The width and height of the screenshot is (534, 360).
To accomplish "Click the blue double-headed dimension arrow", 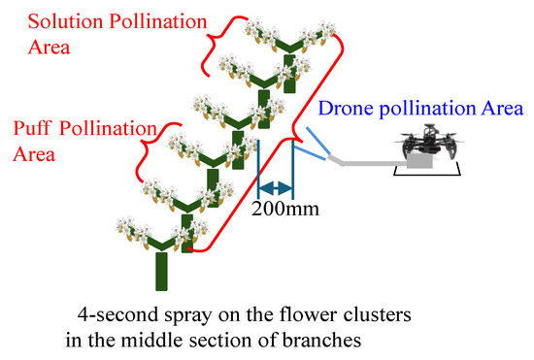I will [x=276, y=187].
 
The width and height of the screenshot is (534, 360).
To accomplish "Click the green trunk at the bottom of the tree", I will [x=160, y=272].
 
